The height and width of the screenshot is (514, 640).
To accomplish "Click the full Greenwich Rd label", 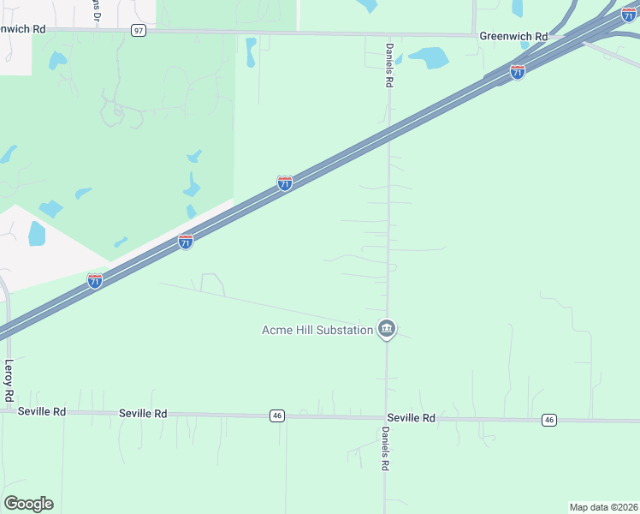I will click(x=513, y=37).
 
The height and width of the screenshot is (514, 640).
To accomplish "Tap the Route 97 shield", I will click(x=139, y=30).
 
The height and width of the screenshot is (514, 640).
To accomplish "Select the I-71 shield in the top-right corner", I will click(x=629, y=15).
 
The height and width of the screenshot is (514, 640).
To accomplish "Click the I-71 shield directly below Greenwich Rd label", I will click(x=517, y=72).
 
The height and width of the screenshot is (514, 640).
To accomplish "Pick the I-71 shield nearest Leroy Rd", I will click(x=95, y=280).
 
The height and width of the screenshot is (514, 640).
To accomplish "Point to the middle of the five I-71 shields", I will click(x=285, y=182).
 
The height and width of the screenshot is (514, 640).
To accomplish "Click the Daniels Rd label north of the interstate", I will click(x=388, y=66).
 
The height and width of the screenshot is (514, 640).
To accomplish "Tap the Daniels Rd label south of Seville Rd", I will click(x=386, y=448).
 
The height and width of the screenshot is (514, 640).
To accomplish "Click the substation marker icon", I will click(x=387, y=329).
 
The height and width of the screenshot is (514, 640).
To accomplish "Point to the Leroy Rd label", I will click(x=9, y=381).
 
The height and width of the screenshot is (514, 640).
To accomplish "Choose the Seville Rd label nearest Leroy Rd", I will click(x=42, y=412).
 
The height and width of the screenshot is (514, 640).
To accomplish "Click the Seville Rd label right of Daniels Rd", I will click(x=411, y=418).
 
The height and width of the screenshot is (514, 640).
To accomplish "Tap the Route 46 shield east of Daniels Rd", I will click(x=549, y=420).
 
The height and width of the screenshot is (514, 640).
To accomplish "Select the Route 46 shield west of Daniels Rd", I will click(x=276, y=415).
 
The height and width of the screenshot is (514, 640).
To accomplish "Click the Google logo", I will click(x=29, y=503).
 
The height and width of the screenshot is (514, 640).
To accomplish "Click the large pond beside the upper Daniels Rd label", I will click(x=428, y=57).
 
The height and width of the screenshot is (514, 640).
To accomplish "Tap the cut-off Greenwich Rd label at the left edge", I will click(x=23, y=29).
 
